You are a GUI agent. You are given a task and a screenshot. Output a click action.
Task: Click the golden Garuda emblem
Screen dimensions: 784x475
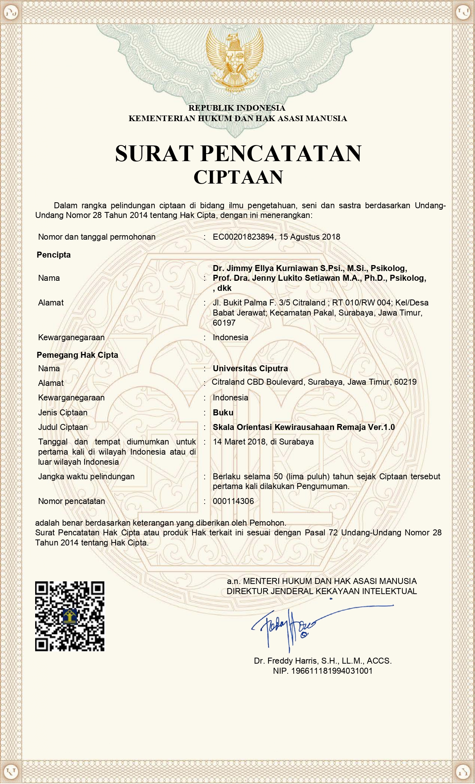tap(235, 62)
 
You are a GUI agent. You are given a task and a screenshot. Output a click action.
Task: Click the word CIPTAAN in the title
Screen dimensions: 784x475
tap(238, 177)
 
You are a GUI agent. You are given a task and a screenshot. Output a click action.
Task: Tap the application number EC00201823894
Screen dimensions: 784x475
tap(243, 237)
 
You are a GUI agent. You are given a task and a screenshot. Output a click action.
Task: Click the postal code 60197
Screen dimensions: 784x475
tap(224, 323)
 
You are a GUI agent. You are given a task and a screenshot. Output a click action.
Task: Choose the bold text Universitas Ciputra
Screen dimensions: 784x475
tap(250, 369)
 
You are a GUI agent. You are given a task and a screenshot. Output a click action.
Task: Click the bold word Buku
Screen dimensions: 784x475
tap(223, 413)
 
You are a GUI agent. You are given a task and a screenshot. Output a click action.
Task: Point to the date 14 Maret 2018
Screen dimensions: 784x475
tap(239, 442)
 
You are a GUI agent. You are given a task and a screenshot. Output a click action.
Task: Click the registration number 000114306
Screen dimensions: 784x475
tap(233, 501)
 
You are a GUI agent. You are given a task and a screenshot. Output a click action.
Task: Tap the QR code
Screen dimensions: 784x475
tap(70, 617)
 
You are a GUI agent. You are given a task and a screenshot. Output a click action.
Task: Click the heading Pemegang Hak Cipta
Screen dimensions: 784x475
tap(77, 355)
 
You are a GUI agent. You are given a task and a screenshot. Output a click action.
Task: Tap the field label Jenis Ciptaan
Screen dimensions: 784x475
tap(63, 413)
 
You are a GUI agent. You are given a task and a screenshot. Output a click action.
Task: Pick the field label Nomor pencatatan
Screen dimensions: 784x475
tap(71, 501)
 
